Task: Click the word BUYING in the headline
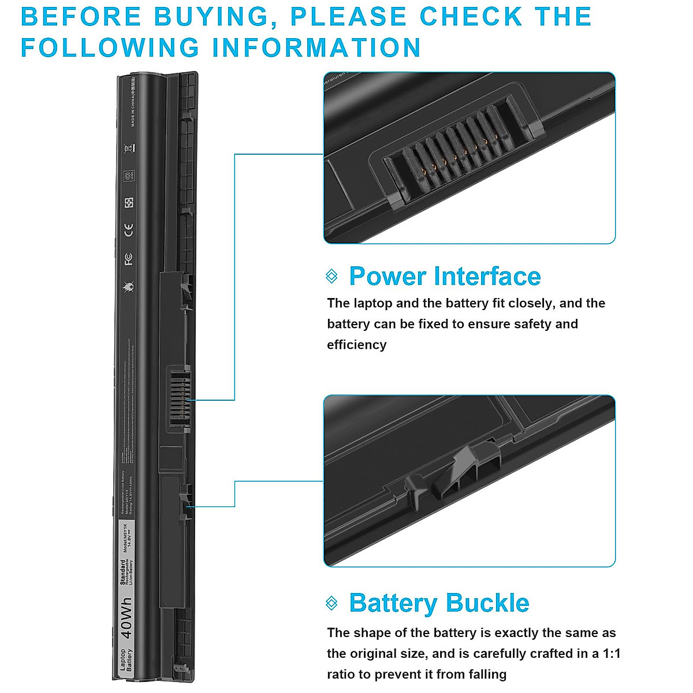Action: pyautogui.click(x=211, y=17)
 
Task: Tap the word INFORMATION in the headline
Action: pyautogui.click(x=316, y=47)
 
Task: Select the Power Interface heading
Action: pyautogui.click(x=445, y=276)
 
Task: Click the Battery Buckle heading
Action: pyautogui.click(x=439, y=603)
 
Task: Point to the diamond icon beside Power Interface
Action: pyautogui.click(x=331, y=276)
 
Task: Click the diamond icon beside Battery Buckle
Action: pyautogui.click(x=331, y=603)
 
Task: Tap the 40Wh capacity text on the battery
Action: pyautogui.click(x=127, y=617)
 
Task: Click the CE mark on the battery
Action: pyautogui.click(x=128, y=230)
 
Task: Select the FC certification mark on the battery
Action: pyautogui.click(x=128, y=259)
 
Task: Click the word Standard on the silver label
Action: pyautogui.click(x=123, y=572)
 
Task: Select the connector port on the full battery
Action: pyautogui.click(x=179, y=398)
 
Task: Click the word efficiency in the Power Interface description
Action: pyautogui.click(x=356, y=345)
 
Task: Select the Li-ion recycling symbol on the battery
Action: pyautogui.click(x=129, y=175)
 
